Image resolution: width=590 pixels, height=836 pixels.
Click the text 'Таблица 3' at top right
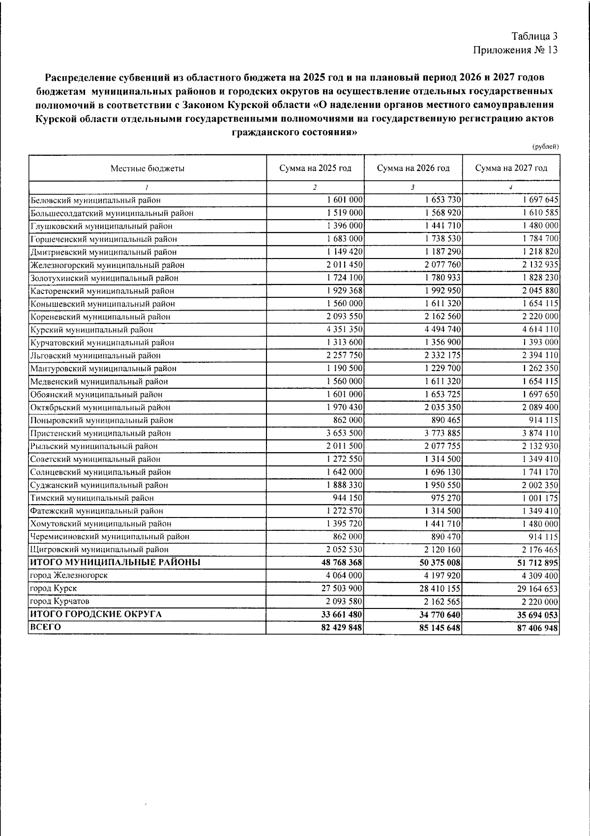[x=534, y=36]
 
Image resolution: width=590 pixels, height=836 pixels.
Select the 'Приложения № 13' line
[x=515, y=50]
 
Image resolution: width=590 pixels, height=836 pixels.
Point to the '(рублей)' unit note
[x=546, y=146]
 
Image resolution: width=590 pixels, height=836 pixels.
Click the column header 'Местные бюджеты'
[x=147, y=169]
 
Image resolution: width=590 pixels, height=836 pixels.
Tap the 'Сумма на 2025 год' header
[x=315, y=169]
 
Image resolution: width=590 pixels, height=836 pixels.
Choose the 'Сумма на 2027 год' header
[x=511, y=169]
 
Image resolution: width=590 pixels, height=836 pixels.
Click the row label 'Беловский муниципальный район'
[x=95, y=201]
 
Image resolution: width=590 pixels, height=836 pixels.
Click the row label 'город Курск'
[x=54, y=588]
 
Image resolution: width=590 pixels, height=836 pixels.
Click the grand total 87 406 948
[x=536, y=628]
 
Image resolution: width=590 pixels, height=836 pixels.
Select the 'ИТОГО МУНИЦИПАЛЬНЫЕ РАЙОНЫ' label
[x=116, y=562]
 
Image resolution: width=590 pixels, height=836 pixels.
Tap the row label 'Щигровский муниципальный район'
[x=99, y=549]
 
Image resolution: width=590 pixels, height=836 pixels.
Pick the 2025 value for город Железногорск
[x=344, y=576]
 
